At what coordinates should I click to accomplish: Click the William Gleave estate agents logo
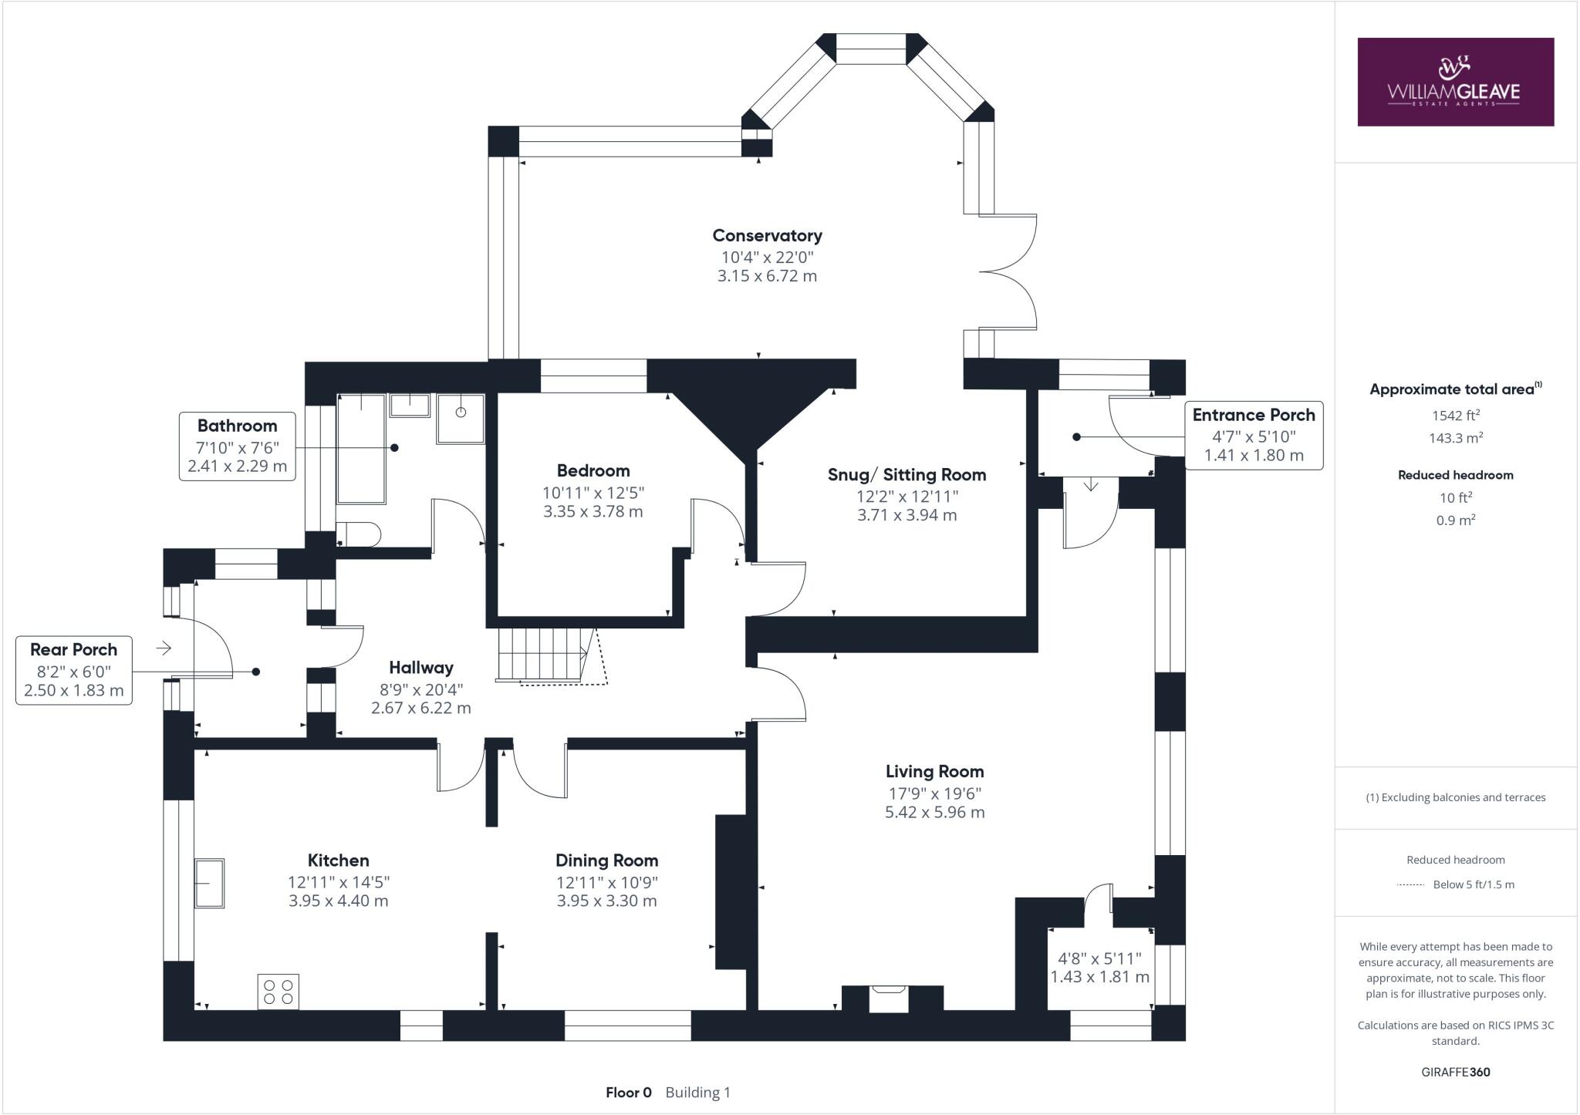(x=1455, y=82)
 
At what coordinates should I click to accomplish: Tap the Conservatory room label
(x=767, y=236)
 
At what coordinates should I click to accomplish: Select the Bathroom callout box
(x=237, y=446)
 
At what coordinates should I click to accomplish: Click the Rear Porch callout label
(x=74, y=669)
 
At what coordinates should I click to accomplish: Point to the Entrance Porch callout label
(x=1254, y=435)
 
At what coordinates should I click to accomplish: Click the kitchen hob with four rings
(x=279, y=992)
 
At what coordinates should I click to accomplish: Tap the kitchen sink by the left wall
(x=209, y=883)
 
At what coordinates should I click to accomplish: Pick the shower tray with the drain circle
(x=461, y=419)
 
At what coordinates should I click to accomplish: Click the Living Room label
(x=934, y=771)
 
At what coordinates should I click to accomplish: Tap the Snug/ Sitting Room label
(x=906, y=475)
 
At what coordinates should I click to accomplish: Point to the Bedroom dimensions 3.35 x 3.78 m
(x=592, y=511)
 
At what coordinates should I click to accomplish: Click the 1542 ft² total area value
(x=1455, y=416)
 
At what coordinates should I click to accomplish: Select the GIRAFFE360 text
(x=1455, y=1072)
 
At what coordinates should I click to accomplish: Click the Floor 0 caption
(x=628, y=1093)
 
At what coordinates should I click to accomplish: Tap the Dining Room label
(x=606, y=861)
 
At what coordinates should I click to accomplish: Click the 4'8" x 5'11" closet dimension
(x=1099, y=958)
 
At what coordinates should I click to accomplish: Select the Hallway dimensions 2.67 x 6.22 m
(x=420, y=708)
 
